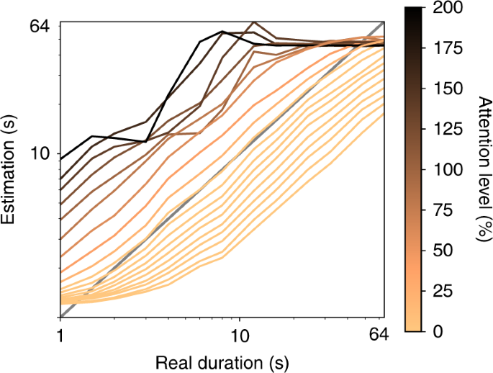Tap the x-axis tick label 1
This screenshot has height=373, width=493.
coord(60,336)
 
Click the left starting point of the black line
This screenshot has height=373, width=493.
coord(61,159)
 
